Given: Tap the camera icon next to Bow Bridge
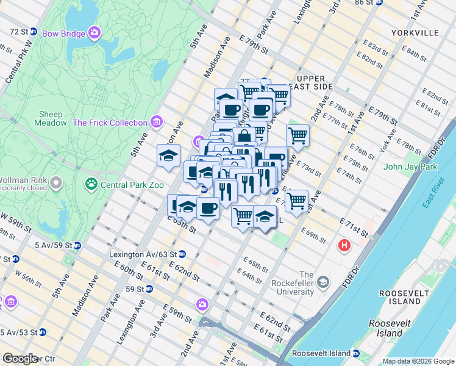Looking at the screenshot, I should point(94,32).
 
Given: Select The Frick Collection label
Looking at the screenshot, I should point(110,123).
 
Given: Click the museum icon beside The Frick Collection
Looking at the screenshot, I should point(157,122).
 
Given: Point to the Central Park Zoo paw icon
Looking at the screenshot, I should point(91,184).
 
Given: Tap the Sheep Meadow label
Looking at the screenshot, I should point(51,118).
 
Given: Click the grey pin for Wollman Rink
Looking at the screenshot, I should point(56,182).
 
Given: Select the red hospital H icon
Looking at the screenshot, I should point(344,246).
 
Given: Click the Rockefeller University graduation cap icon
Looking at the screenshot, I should point(322,282).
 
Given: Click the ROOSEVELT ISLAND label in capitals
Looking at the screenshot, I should point(401,297).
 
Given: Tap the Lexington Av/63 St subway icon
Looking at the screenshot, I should point(182,254).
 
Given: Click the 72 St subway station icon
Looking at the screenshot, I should point(34,31).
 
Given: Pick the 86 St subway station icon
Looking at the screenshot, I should point(379,2).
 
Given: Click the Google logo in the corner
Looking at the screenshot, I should point(20,359).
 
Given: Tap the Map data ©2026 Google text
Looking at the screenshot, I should point(419,361).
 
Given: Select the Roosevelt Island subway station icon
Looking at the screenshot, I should point(355,353).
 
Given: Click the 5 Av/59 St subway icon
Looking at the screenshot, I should point(77,245).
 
